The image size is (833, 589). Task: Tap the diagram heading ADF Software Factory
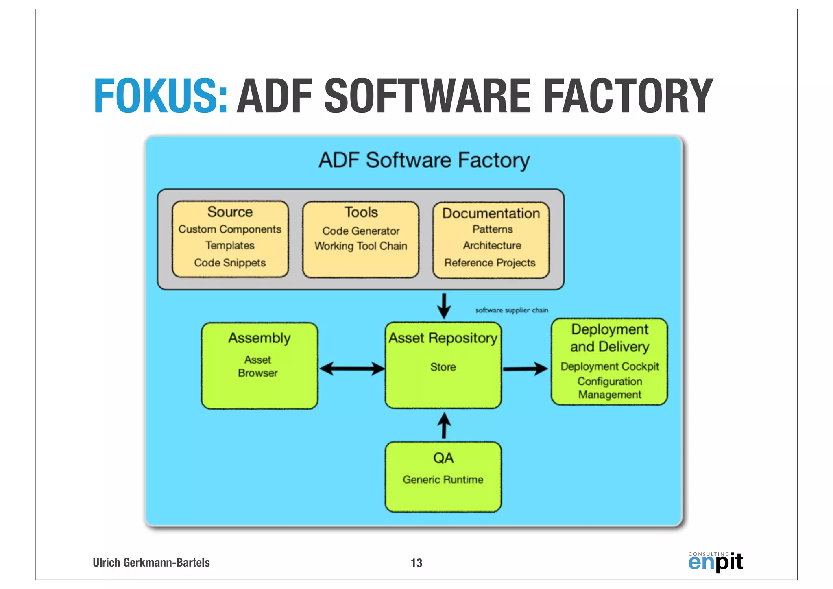click(424, 160)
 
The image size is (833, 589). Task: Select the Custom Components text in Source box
click(230, 229)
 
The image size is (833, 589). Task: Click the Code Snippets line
click(230, 263)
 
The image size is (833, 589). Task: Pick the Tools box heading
click(361, 212)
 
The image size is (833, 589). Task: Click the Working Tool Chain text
click(361, 246)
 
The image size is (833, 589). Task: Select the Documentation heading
click(491, 214)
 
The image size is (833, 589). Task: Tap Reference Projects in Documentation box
click(490, 263)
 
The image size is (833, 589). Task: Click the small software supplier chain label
click(512, 310)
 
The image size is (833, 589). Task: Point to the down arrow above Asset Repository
click(444, 306)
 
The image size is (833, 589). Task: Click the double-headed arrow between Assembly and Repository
click(352, 369)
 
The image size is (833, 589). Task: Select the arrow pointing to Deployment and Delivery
click(525, 369)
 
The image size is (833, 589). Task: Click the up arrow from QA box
click(444, 425)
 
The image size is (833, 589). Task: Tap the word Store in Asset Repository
click(443, 367)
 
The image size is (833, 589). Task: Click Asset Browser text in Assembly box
click(258, 366)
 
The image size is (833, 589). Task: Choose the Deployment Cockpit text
click(609, 366)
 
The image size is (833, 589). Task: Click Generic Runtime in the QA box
click(443, 480)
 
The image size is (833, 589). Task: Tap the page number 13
click(416, 563)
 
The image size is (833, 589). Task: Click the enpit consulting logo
click(715, 562)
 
